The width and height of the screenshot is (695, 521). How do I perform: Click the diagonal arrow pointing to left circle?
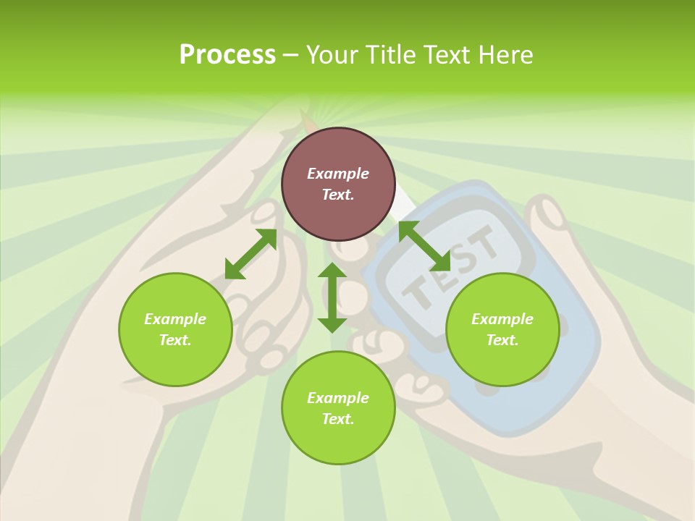(250, 254)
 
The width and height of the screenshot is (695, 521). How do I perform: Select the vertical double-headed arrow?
(332, 297)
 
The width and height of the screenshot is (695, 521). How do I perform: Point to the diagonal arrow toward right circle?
(424, 246)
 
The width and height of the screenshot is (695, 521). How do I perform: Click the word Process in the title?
(227, 54)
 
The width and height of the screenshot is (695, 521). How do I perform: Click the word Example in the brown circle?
(338, 174)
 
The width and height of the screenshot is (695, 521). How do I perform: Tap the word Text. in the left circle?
(175, 340)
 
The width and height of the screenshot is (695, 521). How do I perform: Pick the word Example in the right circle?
(502, 319)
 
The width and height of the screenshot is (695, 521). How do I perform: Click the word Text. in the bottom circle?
(338, 419)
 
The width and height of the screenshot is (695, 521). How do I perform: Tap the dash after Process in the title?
(291, 55)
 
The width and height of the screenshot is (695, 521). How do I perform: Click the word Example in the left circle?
(175, 319)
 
